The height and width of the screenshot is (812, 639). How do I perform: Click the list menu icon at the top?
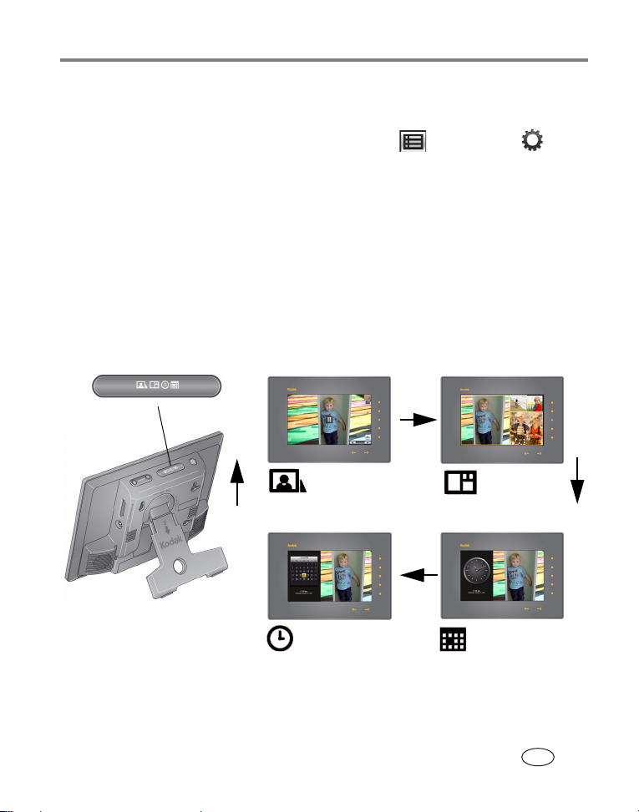coord(412,141)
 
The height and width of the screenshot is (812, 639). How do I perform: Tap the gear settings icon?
coord(532,141)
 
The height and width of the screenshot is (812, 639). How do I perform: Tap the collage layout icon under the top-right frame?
coord(460,482)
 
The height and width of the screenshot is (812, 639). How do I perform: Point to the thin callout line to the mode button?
coord(165,430)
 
